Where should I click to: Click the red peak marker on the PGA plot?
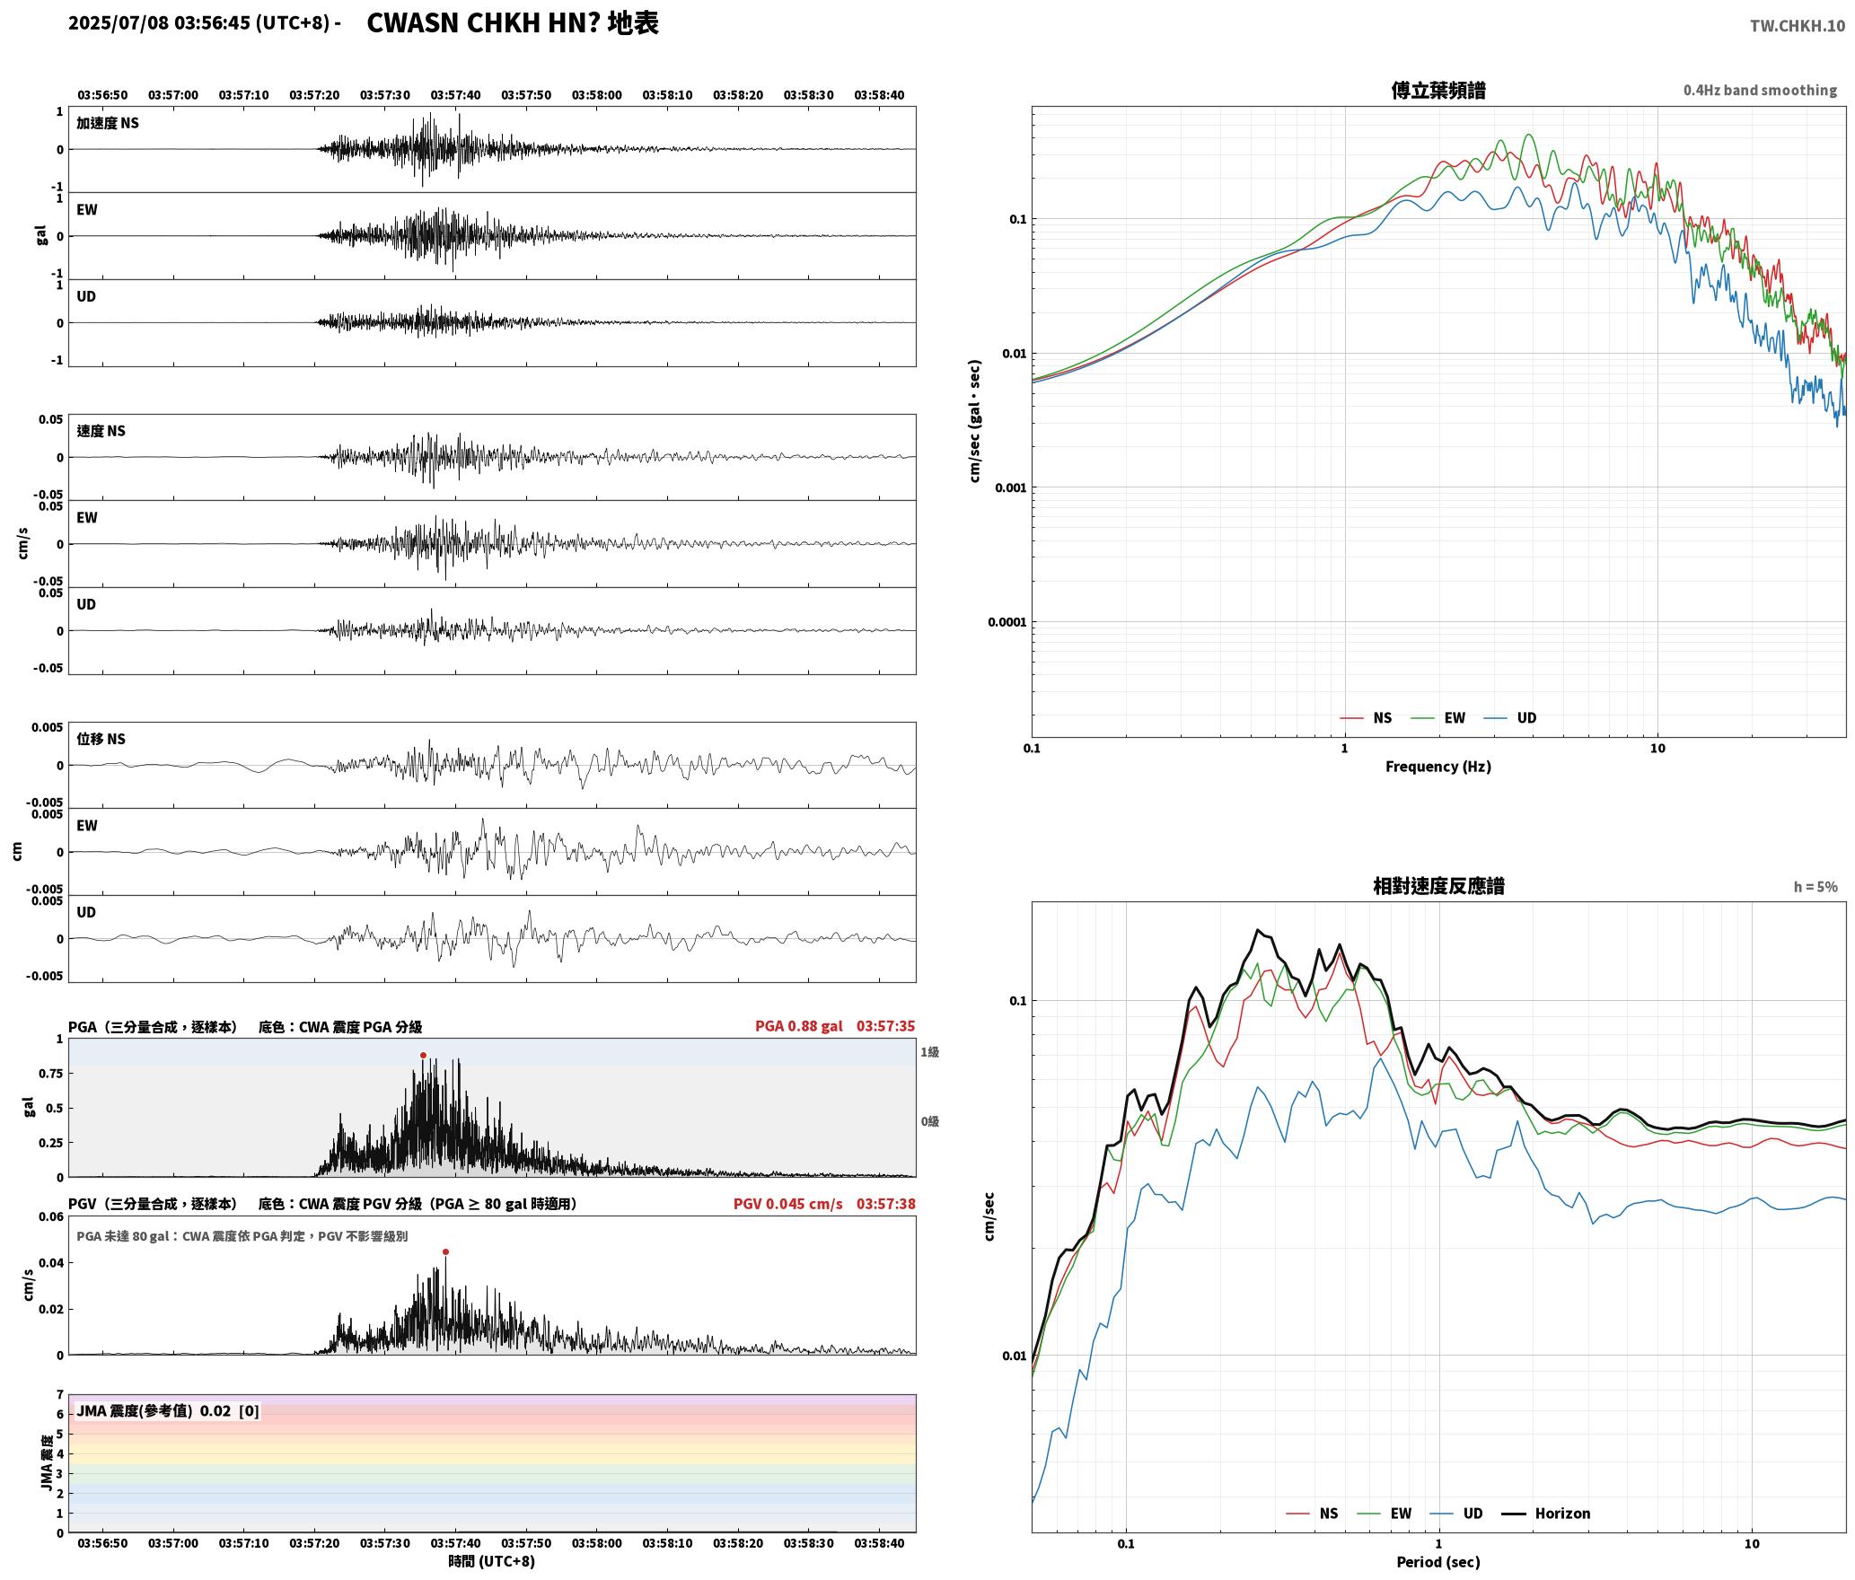click(423, 1056)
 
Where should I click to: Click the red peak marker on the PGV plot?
click(445, 1251)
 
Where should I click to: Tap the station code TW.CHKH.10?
click(1798, 26)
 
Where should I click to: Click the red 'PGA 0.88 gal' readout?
click(799, 1026)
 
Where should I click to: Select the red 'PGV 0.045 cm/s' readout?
click(788, 1204)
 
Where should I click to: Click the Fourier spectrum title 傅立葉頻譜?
click(1438, 91)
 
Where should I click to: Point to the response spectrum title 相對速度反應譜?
click(1438, 886)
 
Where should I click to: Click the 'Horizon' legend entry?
click(1562, 1514)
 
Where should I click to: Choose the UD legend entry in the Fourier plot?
click(1526, 718)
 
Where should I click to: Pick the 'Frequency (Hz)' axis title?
click(1438, 767)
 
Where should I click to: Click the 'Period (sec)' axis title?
click(1438, 1562)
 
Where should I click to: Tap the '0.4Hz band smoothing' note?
click(1760, 91)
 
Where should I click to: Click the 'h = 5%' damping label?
click(1815, 887)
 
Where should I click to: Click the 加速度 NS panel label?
click(108, 124)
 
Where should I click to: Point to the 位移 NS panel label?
click(101, 740)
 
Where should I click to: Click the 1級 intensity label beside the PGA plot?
click(929, 1052)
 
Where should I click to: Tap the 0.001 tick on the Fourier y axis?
click(1010, 488)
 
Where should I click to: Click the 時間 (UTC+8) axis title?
click(492, 1562)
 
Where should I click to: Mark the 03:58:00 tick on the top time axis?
click(597, 95)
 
